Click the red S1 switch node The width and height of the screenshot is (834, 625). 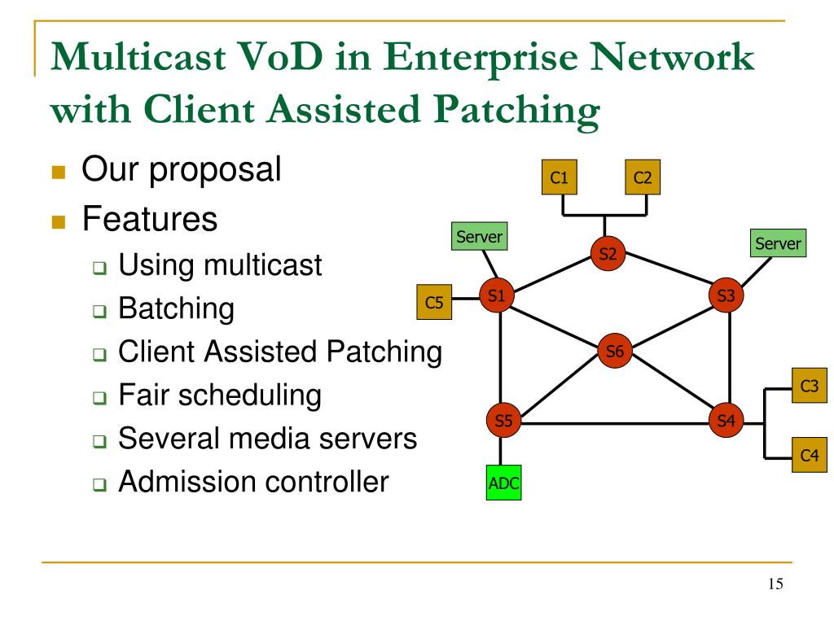coord(497,295)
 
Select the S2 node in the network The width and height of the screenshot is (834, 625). coord(608,254)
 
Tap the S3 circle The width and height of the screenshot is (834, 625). coord(726,295)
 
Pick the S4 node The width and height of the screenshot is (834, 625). coord(726,421)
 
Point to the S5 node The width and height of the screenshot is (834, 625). coord(503,421)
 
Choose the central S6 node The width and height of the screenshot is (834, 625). coord(615,351)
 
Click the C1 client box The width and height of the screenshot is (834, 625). coord(559,177)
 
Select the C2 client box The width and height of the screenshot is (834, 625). coord(643,177)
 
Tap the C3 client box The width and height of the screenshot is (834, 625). coord(810,385)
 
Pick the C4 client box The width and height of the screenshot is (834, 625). coord(810,455)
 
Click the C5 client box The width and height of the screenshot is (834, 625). coord(434,302)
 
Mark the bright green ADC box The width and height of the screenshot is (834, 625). coord(503,483)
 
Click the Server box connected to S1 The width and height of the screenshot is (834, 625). coord(479,237)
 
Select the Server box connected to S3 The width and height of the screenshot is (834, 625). coord(778,243)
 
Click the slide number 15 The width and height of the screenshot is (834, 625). coord(775,583)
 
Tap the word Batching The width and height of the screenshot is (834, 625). coord(176,308)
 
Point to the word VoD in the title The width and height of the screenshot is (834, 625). coord(280,56)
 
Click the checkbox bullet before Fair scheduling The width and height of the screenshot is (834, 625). coord(99,397)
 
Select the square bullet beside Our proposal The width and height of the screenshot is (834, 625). coord(59,172)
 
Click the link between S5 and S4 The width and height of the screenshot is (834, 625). coord(615,423)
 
